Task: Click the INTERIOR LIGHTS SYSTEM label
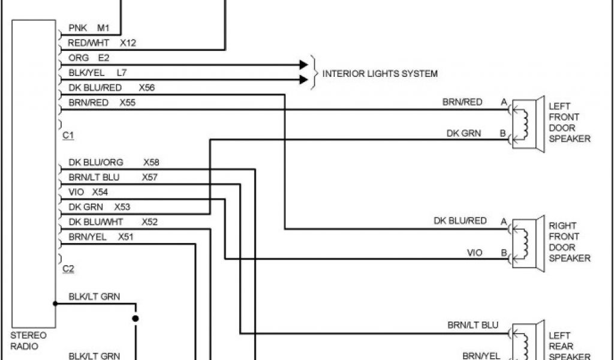point(380,74)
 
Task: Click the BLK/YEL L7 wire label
point(97,73)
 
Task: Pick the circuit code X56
point(146,88)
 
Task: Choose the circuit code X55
point(127,103)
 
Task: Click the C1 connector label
point(68,136)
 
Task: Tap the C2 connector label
point(68,269)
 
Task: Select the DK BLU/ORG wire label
point(97,163)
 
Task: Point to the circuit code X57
point(150,177)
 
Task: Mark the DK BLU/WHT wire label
point(96,222)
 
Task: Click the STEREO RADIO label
point(29,341)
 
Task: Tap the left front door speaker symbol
point(528,124)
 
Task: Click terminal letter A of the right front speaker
point(504,222)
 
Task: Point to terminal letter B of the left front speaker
point(504,133)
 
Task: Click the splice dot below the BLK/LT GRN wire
point(136,318)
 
